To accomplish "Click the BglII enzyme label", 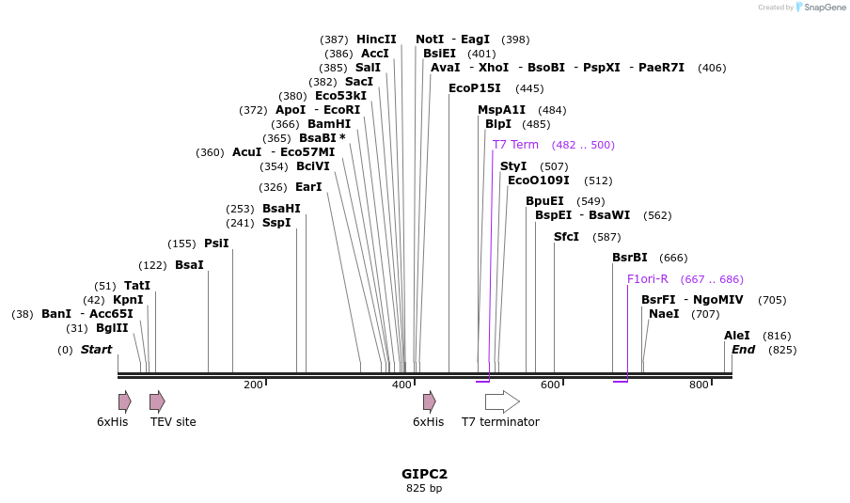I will [x=112, y=328].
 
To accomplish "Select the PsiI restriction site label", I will [x=216, y=244].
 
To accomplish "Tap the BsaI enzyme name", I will [x=189, y=265].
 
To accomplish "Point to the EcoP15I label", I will [x=475, y=88].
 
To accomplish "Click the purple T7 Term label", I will [x=515, y=145].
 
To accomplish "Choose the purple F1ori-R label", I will [x=648, y=279].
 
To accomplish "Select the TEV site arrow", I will [x=157, y=402].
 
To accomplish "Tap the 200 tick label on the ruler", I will [x=253, y=385].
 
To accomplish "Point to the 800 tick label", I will [x=699, y=385].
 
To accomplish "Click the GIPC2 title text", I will [x=424, y=474].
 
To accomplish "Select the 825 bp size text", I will [x=424, y=488].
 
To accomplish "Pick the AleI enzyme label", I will [x=737, y=336].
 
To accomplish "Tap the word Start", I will [x=96, y=350].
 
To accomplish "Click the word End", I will [x=744, y=350].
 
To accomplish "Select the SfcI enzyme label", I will [x=567, y=237].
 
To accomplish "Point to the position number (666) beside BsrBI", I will [x=673, y=258].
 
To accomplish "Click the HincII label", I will [x=376, y=39].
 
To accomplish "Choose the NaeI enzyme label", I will [x=664, y=314].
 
